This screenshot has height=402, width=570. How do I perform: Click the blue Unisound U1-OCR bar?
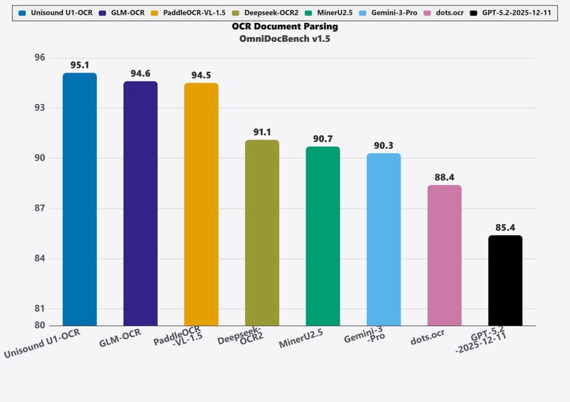(80, 199)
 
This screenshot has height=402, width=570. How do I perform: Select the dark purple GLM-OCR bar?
(140, 203)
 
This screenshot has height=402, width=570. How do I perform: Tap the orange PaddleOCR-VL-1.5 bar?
(201, 204)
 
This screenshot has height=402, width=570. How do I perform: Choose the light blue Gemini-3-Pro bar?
(383, 239)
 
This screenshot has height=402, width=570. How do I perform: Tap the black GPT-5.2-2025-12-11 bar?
(505, 280)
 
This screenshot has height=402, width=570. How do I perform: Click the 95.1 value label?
(80, 65)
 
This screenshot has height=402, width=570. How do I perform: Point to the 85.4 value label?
(505, 228)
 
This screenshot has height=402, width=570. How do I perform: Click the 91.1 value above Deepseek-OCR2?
(262, 132)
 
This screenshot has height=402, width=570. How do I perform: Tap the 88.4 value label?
(445, 177)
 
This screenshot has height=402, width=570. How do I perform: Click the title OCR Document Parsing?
(285, 26)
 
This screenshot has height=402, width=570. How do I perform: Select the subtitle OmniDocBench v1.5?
(285, 39)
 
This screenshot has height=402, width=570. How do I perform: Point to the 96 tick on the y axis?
(39, 58)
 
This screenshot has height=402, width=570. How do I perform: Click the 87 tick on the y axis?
(39, 208)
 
